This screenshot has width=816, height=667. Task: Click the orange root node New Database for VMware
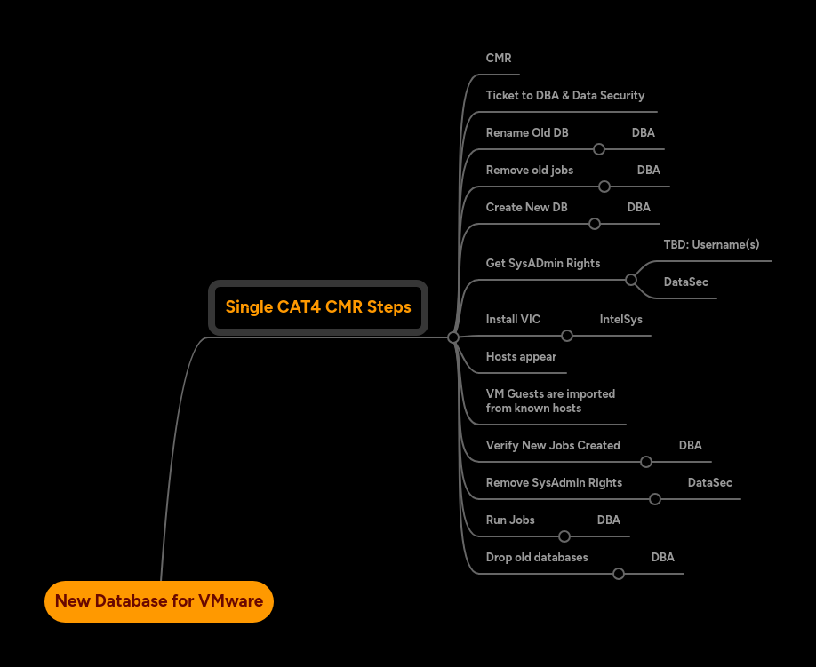pos(159,601)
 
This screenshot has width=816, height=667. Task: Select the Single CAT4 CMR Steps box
pos(318,307)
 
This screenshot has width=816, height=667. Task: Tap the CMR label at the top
pos(499,59)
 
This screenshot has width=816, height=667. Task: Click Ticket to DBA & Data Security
pos(564,96)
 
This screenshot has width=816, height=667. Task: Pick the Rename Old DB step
pos(527,133)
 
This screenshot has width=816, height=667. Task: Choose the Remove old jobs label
pos(529,171)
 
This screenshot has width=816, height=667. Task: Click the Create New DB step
pos(526,208)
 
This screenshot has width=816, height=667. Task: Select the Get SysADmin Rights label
pos(542,264)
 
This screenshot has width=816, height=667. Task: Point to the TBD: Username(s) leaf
pos(711,245)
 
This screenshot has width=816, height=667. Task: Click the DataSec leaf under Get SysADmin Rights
pos(685,282)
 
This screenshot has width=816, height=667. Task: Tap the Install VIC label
pos(513,320)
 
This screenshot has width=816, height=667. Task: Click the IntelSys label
pos(620,320)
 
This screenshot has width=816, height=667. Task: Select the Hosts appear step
pos(521,357)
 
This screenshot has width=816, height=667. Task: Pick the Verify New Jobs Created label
pos(553,446)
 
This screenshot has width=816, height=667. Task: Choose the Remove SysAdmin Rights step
pos(554,483)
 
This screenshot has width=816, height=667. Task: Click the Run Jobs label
pos(510,520)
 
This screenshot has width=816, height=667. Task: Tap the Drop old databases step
pos(537,558)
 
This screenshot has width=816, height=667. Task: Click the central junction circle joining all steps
pos(453,337)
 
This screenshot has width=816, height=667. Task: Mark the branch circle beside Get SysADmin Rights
pos(631,280)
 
